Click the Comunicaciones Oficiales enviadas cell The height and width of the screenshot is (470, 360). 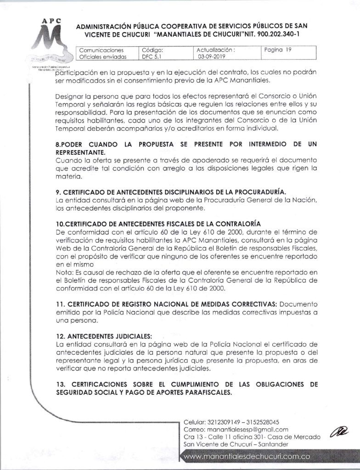point(101,54)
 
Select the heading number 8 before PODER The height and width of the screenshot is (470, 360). point(56,144)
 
